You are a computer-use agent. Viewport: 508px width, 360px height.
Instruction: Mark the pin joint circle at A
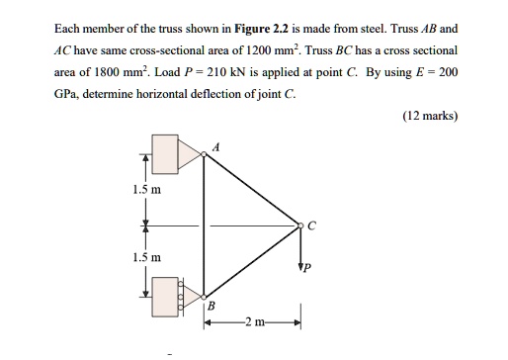(x=204, y=153)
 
